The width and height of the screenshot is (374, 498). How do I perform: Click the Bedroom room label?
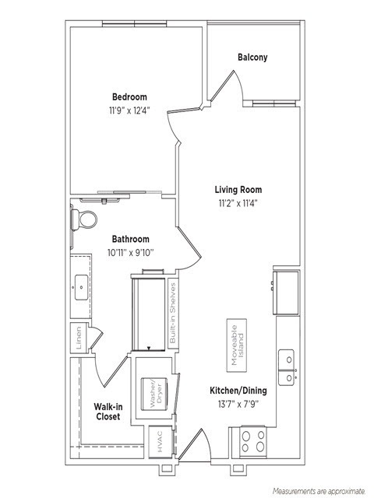129,96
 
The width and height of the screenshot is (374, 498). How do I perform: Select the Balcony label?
252,57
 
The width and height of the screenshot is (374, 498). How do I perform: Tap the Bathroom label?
130,239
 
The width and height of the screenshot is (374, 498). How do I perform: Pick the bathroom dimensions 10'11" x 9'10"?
130,252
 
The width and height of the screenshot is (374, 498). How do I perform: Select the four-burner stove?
253,441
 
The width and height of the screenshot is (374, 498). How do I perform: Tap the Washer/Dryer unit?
150,391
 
